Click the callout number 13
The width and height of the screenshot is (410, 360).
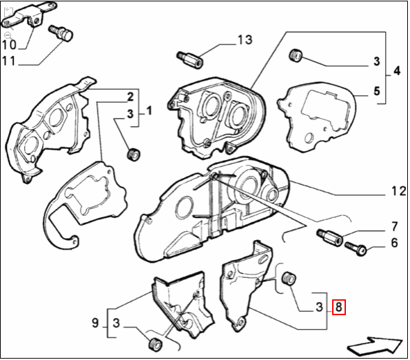245,40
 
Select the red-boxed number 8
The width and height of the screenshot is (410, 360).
338,307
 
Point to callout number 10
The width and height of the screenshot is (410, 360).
8,45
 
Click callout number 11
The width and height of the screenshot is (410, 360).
8,61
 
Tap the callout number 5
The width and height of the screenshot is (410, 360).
376,90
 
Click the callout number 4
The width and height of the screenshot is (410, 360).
396,70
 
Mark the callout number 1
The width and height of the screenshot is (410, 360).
148,110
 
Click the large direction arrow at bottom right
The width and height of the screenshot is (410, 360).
375,343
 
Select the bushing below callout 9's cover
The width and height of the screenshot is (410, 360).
154,343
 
